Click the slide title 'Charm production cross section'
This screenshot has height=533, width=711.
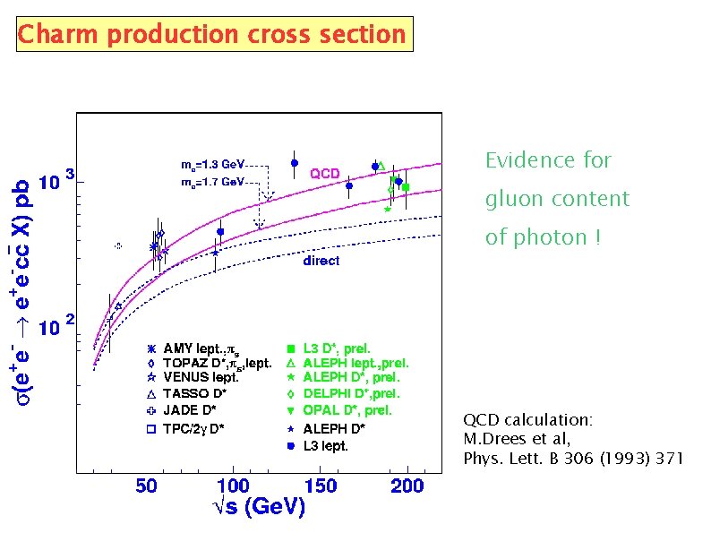(212, 34)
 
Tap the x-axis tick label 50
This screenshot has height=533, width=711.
(147, 486)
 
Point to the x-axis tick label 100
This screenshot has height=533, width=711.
(233, 486)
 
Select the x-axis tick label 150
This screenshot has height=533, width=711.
(321, 486)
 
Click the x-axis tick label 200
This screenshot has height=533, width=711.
(407, 486)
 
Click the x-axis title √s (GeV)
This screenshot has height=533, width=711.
(259, 508)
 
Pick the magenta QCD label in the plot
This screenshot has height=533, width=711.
(324, 174)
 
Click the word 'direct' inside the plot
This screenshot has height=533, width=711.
(321, 261)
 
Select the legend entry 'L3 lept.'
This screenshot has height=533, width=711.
(325, 445)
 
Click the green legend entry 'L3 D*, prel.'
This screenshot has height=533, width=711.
(337, 348)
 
